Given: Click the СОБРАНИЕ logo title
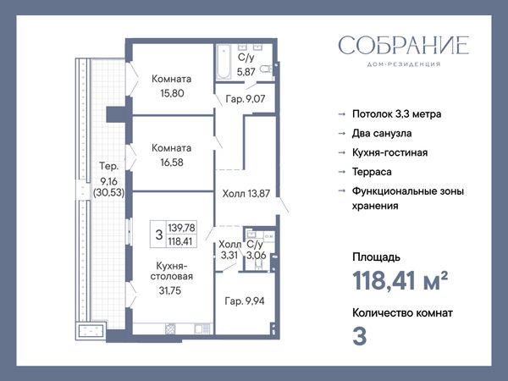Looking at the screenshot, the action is click(404, 45).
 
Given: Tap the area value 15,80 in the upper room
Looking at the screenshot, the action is click(172, 93).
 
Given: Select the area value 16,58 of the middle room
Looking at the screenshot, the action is click(172, 163).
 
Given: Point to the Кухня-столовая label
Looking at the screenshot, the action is click(172, 271).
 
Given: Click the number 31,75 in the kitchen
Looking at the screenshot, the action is click(170, 290).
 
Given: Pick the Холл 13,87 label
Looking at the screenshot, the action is click(246, 194).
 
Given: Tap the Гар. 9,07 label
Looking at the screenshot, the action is click(246, 99).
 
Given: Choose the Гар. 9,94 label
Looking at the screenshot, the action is click(245, 301).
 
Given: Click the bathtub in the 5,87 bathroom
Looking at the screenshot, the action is click(224, 62).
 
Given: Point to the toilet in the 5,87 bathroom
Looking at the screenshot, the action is click(266, 69).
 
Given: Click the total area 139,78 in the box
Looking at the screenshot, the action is click(181, 228).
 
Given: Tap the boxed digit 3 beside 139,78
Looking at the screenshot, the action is click(159, 235).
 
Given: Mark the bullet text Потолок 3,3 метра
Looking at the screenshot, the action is click(397, 114).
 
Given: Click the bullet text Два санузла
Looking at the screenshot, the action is click(382, 133).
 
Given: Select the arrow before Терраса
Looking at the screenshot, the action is click(342, 172).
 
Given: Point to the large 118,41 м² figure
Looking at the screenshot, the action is click(400, 280).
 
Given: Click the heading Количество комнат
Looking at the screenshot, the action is click(402, 313).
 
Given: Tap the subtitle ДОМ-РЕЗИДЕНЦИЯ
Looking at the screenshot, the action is click(404, 64).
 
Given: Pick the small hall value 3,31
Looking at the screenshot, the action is click(229, 256).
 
